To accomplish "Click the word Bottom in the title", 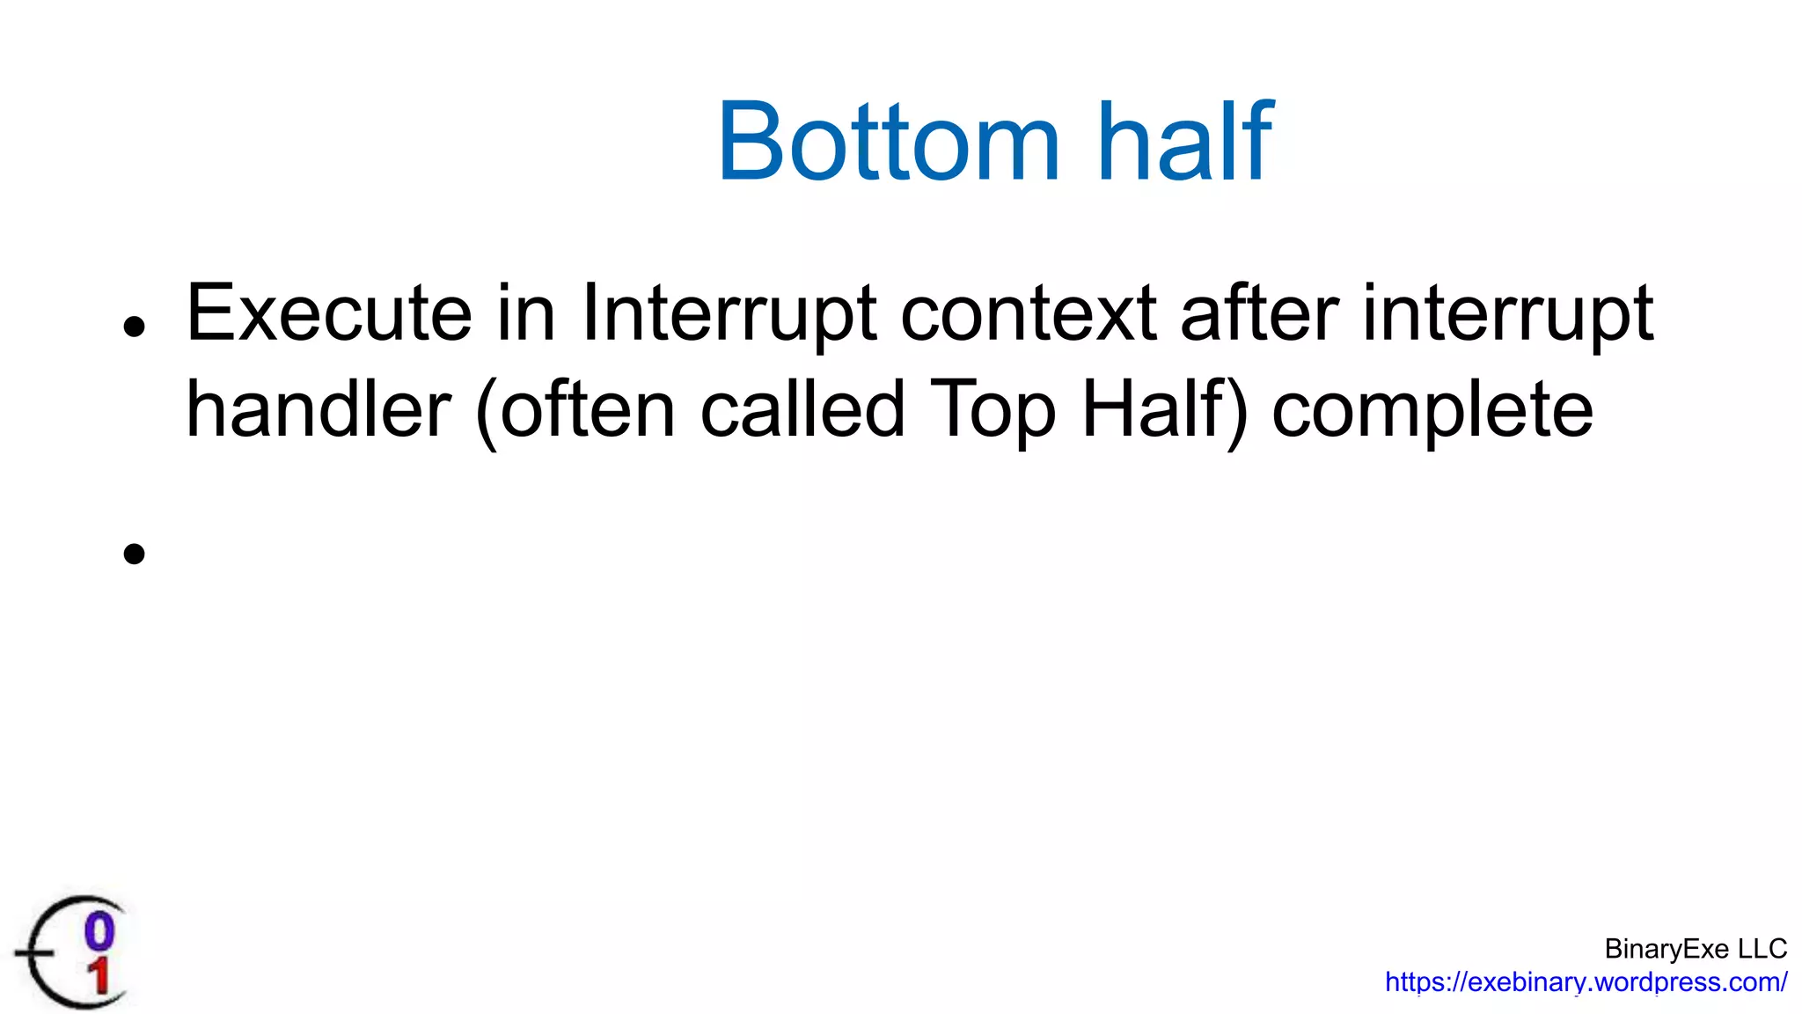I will (889, 143).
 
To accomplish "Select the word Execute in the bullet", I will (329, 313).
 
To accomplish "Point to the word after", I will (1259, 313).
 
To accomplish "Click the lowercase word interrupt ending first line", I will (1508, 313).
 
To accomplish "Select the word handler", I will (319, 409).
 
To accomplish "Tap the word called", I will (802, 409).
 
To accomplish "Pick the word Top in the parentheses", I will (993, 409).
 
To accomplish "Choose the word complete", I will (1432, 411).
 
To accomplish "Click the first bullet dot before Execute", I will (134, 327).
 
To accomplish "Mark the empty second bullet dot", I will (134, 554).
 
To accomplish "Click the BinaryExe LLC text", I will (1695, 949).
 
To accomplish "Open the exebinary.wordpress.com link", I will (1586, 982).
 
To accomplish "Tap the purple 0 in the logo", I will (99, 931).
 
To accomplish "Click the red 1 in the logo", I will (99, 977).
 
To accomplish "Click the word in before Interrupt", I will (526, 313).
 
